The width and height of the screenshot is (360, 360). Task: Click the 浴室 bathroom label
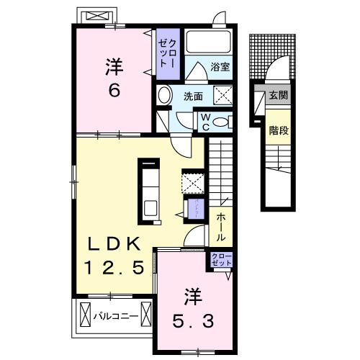tap(219, 68)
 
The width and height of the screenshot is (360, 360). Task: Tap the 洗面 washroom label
tap(192, 94)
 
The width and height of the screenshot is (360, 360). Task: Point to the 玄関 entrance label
tap(278, 95)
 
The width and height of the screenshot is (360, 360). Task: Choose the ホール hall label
tap(217, 225)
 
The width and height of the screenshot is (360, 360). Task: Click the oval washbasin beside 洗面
tap(165, 95)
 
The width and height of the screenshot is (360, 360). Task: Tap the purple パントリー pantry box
tap(193, 209)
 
